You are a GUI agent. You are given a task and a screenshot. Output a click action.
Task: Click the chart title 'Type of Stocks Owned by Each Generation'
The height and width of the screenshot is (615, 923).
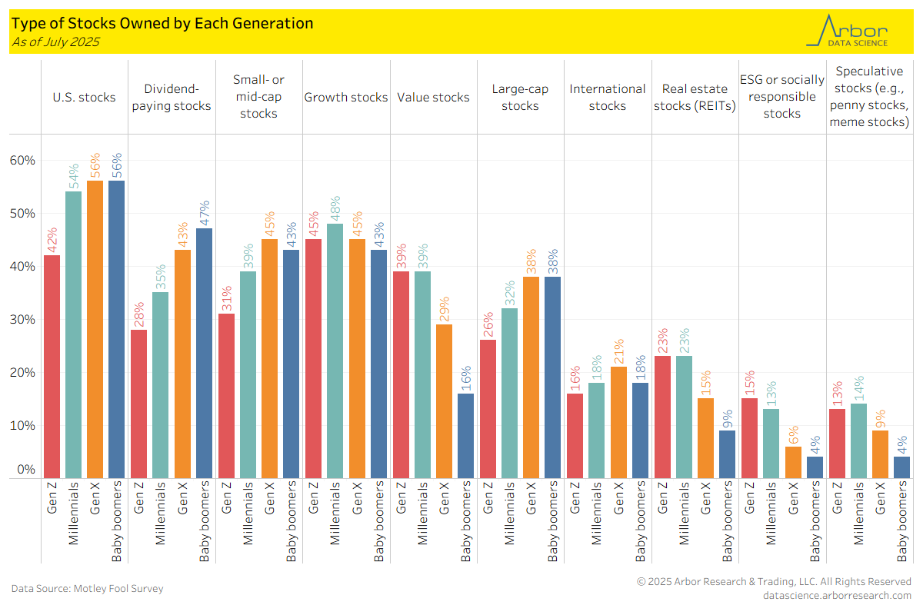pos(162,23)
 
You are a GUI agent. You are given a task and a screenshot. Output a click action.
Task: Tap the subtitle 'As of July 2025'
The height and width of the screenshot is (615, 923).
pos(55,42)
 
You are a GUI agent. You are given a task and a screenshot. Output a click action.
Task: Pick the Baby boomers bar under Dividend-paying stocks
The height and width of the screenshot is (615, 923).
pos(204,354)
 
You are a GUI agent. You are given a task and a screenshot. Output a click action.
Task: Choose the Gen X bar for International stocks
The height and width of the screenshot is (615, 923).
pos(618,423)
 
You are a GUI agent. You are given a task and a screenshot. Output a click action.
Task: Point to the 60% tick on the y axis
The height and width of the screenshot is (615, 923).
pos(22,161)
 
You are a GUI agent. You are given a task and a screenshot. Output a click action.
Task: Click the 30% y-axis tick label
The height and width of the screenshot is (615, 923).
pos(22,320)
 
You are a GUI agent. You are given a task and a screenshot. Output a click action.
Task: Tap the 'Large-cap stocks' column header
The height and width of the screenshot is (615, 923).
pos(520,98)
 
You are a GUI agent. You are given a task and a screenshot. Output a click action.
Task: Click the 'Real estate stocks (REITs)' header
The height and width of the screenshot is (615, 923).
pos(695,98)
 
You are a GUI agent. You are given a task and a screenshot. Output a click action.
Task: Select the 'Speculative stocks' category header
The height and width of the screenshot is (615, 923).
pos(869,97)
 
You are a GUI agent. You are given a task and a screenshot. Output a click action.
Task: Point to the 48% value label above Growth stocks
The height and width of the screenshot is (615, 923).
pos(335,208)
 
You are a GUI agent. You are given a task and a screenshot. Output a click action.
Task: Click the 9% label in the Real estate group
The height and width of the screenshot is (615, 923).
pos(727,416)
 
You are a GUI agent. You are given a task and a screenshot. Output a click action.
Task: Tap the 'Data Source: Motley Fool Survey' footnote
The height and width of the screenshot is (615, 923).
pos(87,589)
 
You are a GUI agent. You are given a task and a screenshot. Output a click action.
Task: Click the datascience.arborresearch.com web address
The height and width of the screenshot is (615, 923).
pos(837,596)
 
